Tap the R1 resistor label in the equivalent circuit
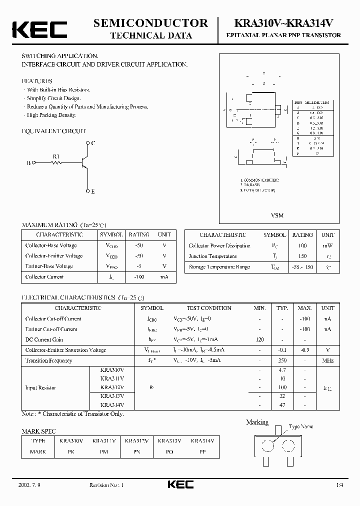[x=56, y=156]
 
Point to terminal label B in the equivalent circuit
[x=28, y=163]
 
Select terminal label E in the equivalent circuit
[x=93, y=191]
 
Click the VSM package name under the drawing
[x=277, y=215]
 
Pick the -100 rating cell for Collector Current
[x=139, y=276]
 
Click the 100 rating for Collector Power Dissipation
[x=302, y=245]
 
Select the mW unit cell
[x=327, y=245]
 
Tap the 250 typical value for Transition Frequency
[x=282, y=360]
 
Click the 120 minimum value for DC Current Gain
[x=259, y=339]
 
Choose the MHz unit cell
[x=327, y=360]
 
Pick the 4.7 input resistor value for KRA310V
[x=282, y=370]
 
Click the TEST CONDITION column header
[x=209, y=308]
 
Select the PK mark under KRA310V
[x=71, y=451]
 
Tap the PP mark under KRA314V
[x=202, y=451]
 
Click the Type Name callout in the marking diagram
[x=301, y=426]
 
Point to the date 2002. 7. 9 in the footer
[x=28, y=485]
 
